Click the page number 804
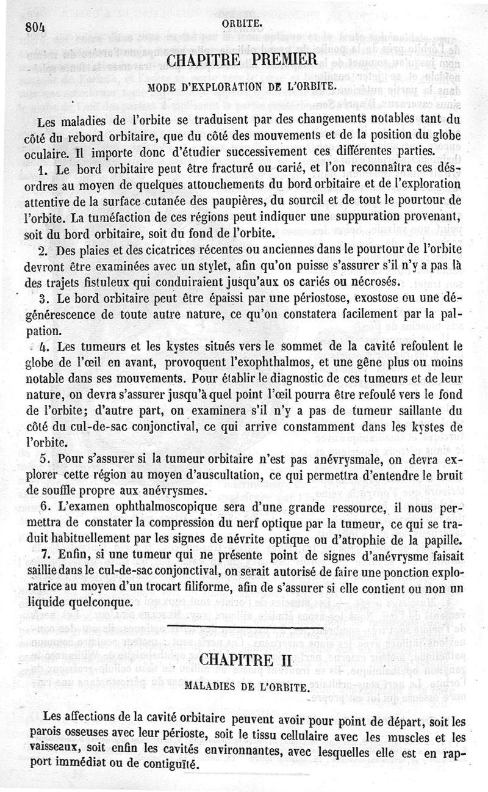point(37,26)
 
